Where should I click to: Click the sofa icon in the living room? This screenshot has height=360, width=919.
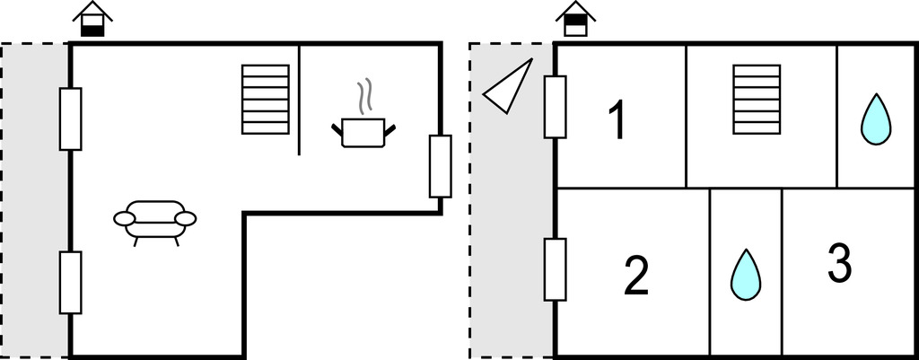click(155, 218)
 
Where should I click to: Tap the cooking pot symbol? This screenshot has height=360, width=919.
click(363, 131)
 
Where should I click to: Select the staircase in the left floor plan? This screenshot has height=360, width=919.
click(266, 99)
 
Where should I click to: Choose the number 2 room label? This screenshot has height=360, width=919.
click(635, 276)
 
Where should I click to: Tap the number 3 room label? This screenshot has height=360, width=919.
click(838, 263)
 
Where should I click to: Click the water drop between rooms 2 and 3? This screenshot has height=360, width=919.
click(745, 274)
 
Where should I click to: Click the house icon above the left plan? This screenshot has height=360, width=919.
click(92, 20)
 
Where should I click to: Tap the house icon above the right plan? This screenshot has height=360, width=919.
click(575, 20)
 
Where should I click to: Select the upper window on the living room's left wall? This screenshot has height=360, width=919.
click(70, 119)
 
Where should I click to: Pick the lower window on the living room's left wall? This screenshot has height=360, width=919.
click(70, 282)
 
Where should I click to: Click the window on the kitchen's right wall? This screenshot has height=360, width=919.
click(440, 166)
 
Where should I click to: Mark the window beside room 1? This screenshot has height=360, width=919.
click(555, 108)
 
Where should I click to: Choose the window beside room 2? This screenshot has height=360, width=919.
click(555, 269)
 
